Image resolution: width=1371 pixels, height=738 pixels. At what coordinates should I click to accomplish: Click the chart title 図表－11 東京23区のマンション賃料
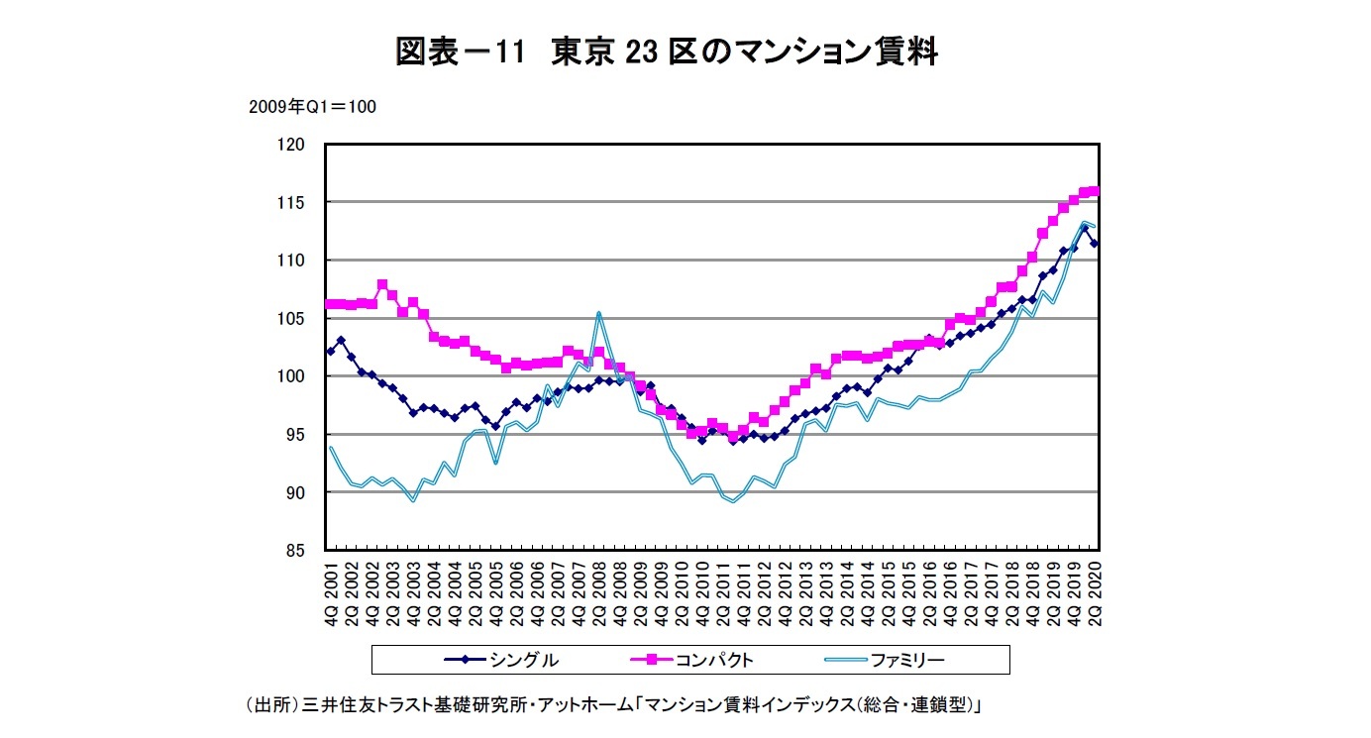pos(666,51)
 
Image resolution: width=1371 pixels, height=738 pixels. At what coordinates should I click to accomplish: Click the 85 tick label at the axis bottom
pos(294,550)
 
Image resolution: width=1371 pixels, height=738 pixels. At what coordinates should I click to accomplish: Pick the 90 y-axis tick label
pos(294,492)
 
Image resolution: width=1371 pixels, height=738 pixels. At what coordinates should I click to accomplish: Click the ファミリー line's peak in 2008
pos(598,313)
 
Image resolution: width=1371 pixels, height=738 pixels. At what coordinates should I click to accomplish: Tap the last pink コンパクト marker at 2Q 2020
pos(1095,191)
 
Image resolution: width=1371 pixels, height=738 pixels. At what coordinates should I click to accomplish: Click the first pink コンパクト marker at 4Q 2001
pos(331,304)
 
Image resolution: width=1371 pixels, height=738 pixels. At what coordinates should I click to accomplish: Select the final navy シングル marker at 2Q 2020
pos(1095,244)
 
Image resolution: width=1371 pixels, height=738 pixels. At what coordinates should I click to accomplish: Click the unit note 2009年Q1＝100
pos(312,107)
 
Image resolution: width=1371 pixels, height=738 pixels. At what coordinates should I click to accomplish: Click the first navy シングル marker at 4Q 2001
pos(331,352)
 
